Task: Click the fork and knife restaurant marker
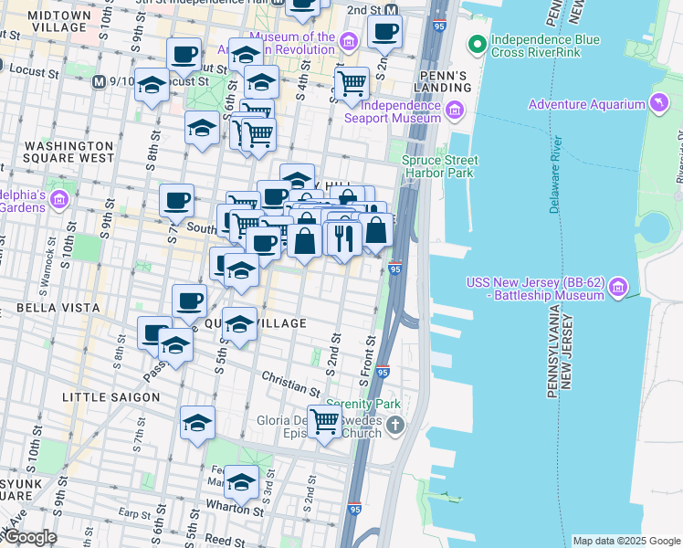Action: click(x=342, y=238)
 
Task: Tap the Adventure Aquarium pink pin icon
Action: click(x=659, y=104)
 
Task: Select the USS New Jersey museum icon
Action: click(x=618, y=288)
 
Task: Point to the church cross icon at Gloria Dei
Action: click(x=394, y=424)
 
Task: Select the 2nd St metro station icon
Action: click(x=391, y=10)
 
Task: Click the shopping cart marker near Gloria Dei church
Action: click(x=324, y=421)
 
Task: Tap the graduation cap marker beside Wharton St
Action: click(x=242, y=480)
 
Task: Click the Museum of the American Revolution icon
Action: click(x=348, y=42)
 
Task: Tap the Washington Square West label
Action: click(x=68, y=153)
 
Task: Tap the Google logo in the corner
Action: click(x=29, y=537)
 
